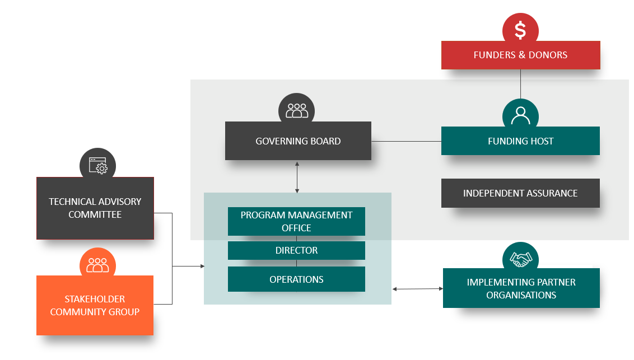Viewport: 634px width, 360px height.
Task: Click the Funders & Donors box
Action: click(520, 55)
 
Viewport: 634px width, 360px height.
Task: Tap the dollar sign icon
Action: click(520, 30)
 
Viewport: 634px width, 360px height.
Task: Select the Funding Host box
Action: click(520, 141)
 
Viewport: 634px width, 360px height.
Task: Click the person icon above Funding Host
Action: click(520, 115)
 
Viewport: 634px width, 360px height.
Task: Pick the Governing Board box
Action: click(298, 141)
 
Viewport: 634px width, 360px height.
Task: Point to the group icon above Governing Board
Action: click(297, 110)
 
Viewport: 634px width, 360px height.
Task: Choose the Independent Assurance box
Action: click(520, 193)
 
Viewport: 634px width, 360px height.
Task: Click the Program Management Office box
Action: click(296, 221)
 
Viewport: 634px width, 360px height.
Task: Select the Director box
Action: click(296, 250)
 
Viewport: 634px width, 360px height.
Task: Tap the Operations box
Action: click(296, 279)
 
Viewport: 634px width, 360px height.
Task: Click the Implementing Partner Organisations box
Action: click(521, 288)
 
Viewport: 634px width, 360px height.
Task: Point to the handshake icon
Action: click(520, 259)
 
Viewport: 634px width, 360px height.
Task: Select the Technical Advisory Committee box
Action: click(95, 208)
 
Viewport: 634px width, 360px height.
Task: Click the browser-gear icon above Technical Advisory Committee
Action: click(97, 166)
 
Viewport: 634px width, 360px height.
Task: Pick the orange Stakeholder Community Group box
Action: click(95, 305)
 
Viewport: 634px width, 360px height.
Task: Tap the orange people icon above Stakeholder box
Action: click(97, 264)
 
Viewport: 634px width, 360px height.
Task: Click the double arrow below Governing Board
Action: click(297, 177)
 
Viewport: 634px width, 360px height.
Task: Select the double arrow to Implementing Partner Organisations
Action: click(417, 289)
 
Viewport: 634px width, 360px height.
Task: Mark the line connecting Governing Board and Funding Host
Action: click(406, 141)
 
